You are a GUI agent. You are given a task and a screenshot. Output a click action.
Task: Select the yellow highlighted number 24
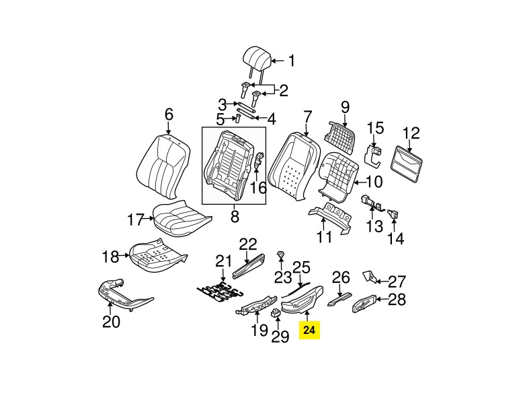point(309,331)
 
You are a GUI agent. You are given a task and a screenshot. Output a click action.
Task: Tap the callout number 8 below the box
point(235,216)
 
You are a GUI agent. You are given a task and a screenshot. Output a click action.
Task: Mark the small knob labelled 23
point(280,254)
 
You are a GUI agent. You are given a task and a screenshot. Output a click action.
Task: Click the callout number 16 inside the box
point(258,187)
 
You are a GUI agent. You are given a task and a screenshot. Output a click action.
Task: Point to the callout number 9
point(346,106)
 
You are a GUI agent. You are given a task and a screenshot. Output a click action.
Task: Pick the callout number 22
point(248,244)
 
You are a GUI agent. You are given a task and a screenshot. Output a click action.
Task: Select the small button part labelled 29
point(276,313)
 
